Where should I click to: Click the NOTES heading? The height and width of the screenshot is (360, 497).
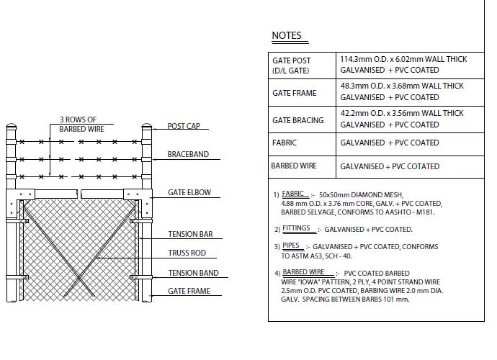287,35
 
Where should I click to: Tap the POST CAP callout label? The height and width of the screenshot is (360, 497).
184,126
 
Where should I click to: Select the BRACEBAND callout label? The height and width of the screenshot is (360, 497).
188,154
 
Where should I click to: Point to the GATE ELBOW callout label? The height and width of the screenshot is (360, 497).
189,192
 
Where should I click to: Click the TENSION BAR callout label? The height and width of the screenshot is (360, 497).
190,234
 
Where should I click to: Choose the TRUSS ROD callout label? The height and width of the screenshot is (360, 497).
187,253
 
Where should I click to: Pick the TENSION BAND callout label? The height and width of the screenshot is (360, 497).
193,273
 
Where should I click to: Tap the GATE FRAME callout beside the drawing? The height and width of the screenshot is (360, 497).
189,291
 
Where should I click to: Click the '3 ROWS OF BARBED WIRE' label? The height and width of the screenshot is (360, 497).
82,125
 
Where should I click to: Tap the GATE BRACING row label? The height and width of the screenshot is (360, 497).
298,120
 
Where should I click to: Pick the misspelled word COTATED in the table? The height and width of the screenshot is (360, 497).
423,166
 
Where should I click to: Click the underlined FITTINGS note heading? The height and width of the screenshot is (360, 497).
296,228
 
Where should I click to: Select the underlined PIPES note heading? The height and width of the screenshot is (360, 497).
291,246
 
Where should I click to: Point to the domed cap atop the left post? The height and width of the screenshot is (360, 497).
11,126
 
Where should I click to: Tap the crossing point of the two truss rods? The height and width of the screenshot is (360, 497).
79,278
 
